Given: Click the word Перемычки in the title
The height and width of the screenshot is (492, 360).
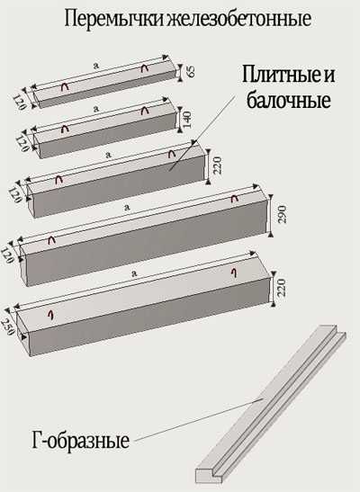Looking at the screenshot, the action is (115, 20).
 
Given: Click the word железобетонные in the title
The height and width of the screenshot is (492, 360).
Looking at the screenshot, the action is (239, 19).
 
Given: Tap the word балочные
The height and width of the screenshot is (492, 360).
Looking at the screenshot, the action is (288, 100).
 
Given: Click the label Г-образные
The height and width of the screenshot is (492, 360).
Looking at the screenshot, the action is (81, 440).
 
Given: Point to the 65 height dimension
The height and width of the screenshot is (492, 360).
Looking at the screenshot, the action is (191, 71).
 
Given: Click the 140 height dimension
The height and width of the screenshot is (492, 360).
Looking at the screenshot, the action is (187, 120).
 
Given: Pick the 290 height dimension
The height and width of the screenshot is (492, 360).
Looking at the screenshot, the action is (283, 214).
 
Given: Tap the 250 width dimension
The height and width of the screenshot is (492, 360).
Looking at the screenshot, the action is (7, 327).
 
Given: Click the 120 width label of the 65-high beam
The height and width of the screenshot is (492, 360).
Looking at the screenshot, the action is (19, 102).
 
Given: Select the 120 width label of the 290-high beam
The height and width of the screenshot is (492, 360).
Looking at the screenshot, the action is (7, 255).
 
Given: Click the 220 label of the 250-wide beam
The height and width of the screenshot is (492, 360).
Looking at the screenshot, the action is (282, 288).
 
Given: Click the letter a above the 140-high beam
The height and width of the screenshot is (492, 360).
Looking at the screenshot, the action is (96, 109).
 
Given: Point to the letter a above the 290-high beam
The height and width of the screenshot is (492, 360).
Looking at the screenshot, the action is (127, 207).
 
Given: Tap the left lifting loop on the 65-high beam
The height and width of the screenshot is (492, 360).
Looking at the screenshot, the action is (66, 87).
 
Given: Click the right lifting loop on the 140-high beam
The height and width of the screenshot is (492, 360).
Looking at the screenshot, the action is (144, 111).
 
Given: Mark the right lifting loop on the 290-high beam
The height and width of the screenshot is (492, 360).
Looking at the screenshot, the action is (235, 198).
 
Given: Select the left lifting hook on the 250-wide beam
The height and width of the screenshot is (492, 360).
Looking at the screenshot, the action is (50, 315).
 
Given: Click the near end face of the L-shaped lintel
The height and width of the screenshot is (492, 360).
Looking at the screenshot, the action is (208, 476).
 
